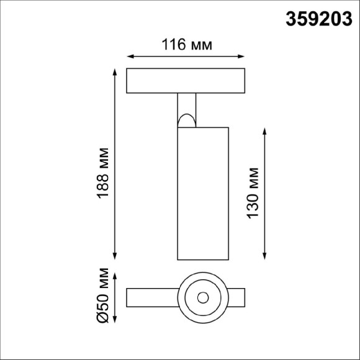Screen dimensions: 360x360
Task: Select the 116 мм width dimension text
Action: tap(187, 45)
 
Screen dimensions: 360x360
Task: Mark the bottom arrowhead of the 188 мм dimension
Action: tap(115, 256)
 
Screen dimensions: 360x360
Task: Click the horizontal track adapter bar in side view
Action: tap(187, 81)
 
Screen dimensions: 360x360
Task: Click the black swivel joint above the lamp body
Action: tap(187, 119)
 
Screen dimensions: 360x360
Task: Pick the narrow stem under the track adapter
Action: tap(187, 102)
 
